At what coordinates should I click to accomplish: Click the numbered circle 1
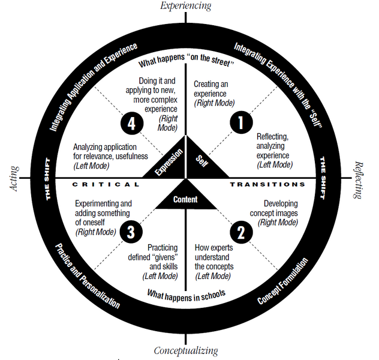[241, 122]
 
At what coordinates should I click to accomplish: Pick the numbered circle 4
[131, 122]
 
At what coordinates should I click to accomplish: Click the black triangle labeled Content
[186, 198]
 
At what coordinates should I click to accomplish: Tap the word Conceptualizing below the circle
[186, 351]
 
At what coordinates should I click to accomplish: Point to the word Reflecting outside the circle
[359, 180]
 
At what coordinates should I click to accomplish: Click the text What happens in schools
[187, 294]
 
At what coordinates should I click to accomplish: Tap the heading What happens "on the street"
[186, 62]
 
